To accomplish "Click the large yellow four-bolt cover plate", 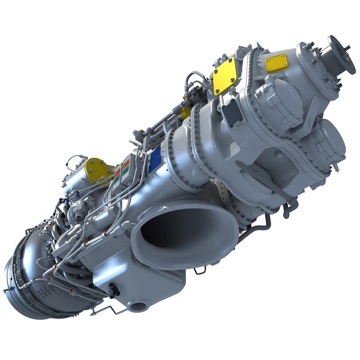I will point(224,76).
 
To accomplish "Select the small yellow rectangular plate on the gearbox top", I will point(277,62).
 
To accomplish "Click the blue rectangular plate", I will point(155,160).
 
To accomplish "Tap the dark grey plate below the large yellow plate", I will point(230,114).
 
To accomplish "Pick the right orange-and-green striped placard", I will point(127,169).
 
